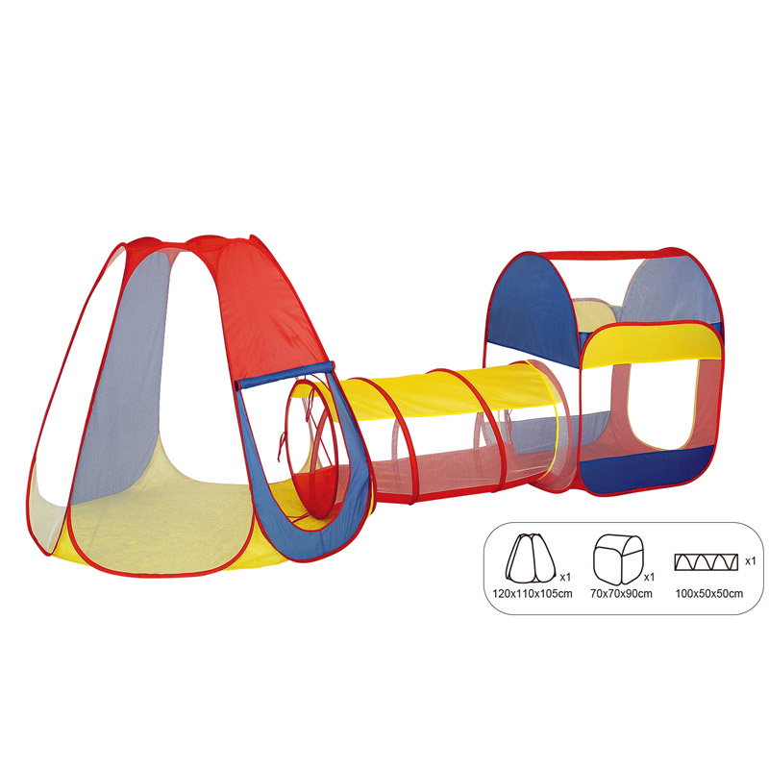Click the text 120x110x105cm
click(x=533, y=594)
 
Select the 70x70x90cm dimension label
click(x=621, y=594)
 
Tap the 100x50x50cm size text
click(x=709, y=594)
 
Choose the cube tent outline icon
click(x=619, y=559)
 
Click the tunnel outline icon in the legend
click(x=707, y=562)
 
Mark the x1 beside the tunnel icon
click(x=751, y=561)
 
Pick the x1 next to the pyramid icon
click(x=565, y=578)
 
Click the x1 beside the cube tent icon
click(x=649, y=578)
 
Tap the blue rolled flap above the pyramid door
click(x=285, y=376)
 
